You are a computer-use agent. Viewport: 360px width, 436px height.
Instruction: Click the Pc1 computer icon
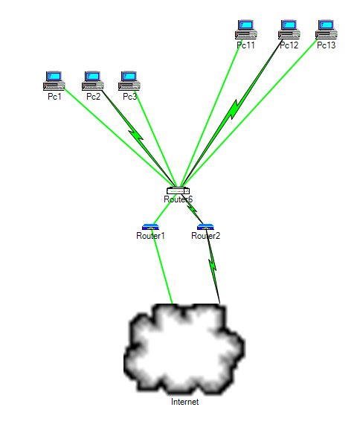point(54,79)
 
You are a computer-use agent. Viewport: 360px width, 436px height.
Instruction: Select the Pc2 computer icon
point(92,79)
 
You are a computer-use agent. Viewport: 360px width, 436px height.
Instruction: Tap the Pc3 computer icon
point(129,79)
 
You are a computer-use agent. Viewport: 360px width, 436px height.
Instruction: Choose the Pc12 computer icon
point(289,28)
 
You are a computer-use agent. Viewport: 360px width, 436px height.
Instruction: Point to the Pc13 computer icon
point(326,28)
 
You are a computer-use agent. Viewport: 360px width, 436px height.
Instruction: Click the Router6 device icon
point(179,191)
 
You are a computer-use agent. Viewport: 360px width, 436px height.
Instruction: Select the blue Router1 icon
point(150,227)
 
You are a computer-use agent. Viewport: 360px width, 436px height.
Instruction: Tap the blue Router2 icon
point(205,227)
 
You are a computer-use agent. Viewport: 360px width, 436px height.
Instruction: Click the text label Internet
point(185,403)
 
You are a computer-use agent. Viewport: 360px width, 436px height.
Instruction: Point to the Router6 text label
point(179,199)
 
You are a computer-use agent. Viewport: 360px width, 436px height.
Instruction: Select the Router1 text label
point(150,236)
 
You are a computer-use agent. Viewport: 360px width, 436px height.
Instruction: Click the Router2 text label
point(206,236)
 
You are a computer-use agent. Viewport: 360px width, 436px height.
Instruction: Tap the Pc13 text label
point(326,45)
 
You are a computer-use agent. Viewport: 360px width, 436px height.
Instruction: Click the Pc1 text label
point(54,97)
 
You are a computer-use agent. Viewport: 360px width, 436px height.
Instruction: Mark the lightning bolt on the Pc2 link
point(135,135)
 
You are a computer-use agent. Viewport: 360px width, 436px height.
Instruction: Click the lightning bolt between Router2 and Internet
point(213,261)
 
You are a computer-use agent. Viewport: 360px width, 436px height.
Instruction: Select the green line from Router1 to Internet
point(164,272)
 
